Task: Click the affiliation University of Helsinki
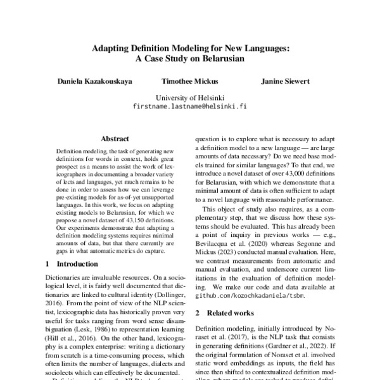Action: pyautogui.click(x=190, y=98)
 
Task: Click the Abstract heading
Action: pyautogui.click(x=115, y=138)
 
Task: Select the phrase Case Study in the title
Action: pyautogui.click(x=167, y=58)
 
